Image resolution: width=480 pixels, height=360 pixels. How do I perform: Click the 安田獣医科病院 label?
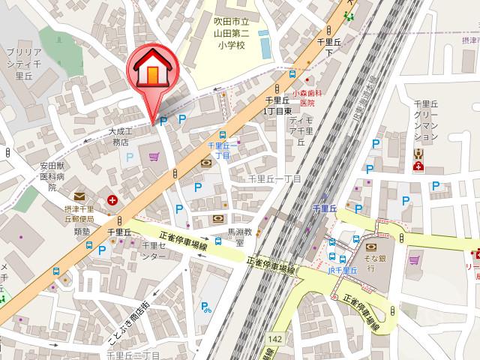click(x=52, y=177)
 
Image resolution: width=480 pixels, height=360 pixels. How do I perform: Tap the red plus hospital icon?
click(x=112, y=200)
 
